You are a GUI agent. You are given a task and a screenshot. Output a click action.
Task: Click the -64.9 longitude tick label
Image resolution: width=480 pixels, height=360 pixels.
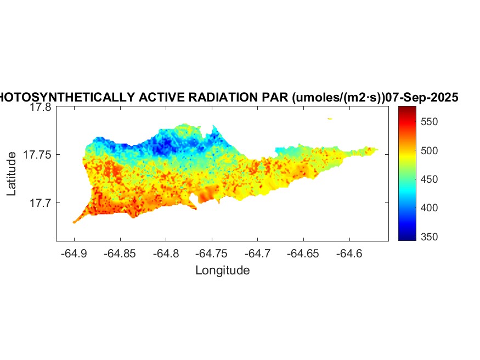point(74,254)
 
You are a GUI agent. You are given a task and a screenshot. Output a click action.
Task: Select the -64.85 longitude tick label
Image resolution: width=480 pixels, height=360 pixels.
point(120,254)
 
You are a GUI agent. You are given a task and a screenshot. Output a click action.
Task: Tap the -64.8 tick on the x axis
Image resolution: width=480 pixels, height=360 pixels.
point(166,254)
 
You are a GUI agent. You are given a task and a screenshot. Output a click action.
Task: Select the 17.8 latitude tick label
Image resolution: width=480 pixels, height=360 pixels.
point(40,108)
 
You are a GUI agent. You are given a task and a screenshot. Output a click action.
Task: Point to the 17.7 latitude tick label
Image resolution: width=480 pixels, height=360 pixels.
point(40,203)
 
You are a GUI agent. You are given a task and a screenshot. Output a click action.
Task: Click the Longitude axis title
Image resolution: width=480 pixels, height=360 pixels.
point(222,271)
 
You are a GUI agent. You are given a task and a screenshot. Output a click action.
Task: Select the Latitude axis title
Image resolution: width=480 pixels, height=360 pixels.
point(12,174)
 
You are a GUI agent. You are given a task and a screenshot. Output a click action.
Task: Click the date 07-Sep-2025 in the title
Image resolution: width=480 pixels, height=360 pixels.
point(422,98)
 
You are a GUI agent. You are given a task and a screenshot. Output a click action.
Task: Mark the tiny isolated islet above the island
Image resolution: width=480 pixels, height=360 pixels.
point(330,118)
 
